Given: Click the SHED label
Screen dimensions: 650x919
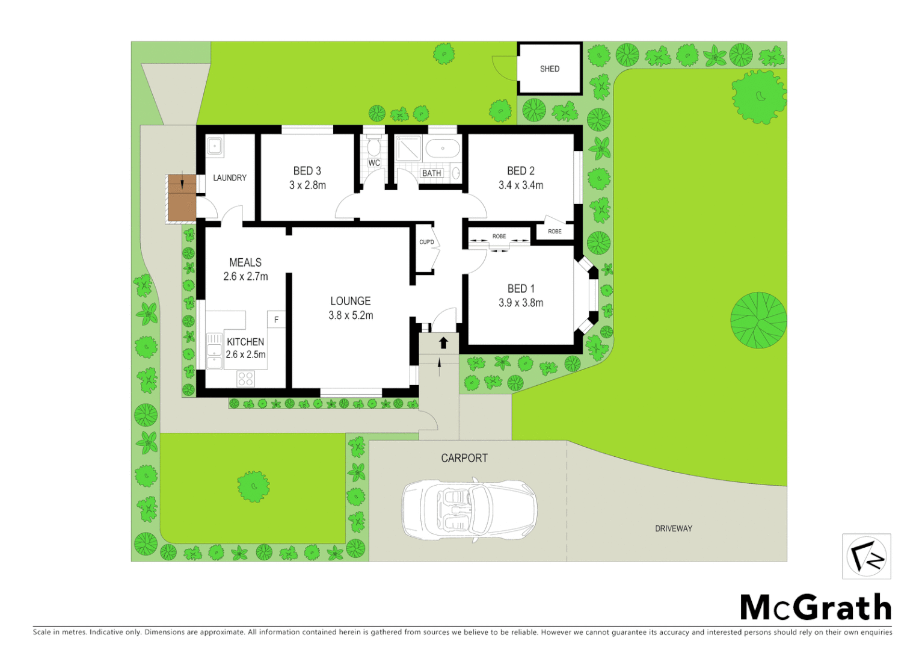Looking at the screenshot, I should tap(549, 69).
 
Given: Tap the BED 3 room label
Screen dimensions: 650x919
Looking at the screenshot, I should tap(307, 171).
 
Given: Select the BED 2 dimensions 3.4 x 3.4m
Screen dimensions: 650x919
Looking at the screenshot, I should tap(521, 185).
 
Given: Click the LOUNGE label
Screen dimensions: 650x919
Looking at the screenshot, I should tap(350, 301).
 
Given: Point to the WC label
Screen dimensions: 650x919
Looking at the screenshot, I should tap(374, 162).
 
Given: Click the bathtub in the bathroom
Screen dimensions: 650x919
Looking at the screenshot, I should tap(442, 147).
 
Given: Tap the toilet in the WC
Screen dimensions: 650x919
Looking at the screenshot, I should tap(373, 146).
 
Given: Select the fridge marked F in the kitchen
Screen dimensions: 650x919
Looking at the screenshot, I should tap(276, 320).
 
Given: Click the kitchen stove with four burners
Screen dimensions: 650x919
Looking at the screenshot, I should tap(245, 379).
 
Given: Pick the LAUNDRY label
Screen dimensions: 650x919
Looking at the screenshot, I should tap(230, 178).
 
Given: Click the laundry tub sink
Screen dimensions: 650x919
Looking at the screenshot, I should tap(215, 146).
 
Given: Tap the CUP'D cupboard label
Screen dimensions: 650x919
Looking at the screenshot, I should tap(426, 242).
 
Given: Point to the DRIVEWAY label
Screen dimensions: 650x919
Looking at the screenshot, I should tap(673, 528).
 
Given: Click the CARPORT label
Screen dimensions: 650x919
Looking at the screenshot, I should tap(464, 458).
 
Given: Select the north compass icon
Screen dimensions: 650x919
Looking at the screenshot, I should tap(866, 556).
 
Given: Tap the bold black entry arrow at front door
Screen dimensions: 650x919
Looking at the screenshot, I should tap(443, 342).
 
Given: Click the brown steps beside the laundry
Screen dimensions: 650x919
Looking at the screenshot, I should tap(182, 198).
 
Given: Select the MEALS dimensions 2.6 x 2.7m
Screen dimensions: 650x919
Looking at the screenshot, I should tap(245, 276).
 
